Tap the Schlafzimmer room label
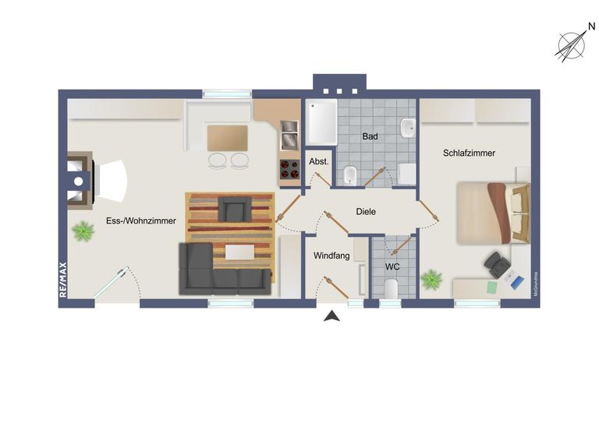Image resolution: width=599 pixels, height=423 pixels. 469,153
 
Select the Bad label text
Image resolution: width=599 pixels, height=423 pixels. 370,137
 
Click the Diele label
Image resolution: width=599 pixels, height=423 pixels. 366,212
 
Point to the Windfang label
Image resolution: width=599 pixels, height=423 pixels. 331,256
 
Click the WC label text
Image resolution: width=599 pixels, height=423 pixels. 392,266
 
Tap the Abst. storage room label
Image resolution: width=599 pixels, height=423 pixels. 318,161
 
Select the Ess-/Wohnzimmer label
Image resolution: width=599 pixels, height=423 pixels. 141,221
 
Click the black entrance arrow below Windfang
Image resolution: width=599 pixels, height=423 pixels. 331,315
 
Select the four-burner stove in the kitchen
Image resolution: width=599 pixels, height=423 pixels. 289,169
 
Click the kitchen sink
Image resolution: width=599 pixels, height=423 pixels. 289,134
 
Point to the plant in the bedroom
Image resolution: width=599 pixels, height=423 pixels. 431,279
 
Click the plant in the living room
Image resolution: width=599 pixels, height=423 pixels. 81,231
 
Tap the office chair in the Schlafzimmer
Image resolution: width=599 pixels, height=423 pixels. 497,265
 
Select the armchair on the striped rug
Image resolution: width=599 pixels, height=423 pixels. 233,209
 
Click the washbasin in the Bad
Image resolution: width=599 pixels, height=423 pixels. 407,127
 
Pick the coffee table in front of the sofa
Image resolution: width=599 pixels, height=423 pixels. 239,252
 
